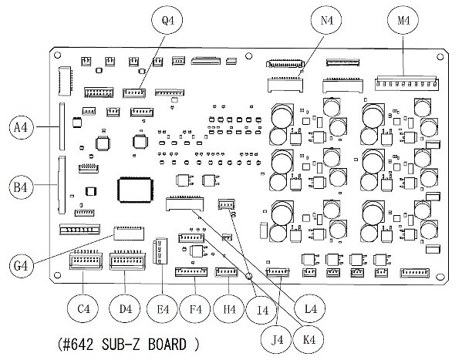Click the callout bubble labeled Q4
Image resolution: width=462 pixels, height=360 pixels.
[167, 20]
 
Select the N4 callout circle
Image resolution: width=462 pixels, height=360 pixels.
[326, 20]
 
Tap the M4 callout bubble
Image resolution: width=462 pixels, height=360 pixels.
[403, 20]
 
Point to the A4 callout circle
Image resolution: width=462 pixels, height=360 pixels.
[22, 127]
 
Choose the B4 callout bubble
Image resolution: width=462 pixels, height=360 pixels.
[22, 187]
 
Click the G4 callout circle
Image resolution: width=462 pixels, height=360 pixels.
[22, 265]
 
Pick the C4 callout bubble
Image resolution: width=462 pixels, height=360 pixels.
[83, 309]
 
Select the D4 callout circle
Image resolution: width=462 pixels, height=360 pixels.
[125, 309]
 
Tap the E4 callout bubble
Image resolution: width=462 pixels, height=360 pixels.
[162, 309]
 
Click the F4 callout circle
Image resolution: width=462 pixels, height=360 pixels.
[195, 309]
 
